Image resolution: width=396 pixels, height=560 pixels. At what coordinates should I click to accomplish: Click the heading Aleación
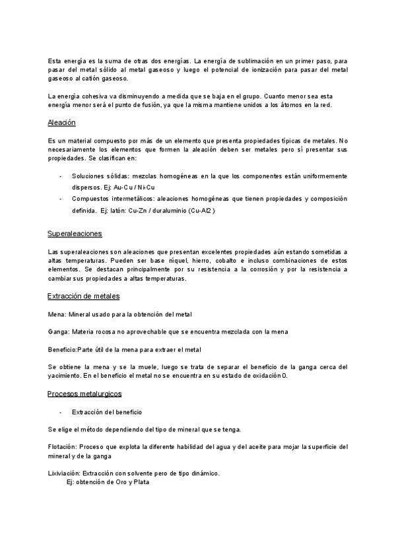pyautogui.click(x=62, y=123)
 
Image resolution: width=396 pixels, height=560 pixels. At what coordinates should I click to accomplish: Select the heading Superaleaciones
pyautogui.click(x=75, y=234)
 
